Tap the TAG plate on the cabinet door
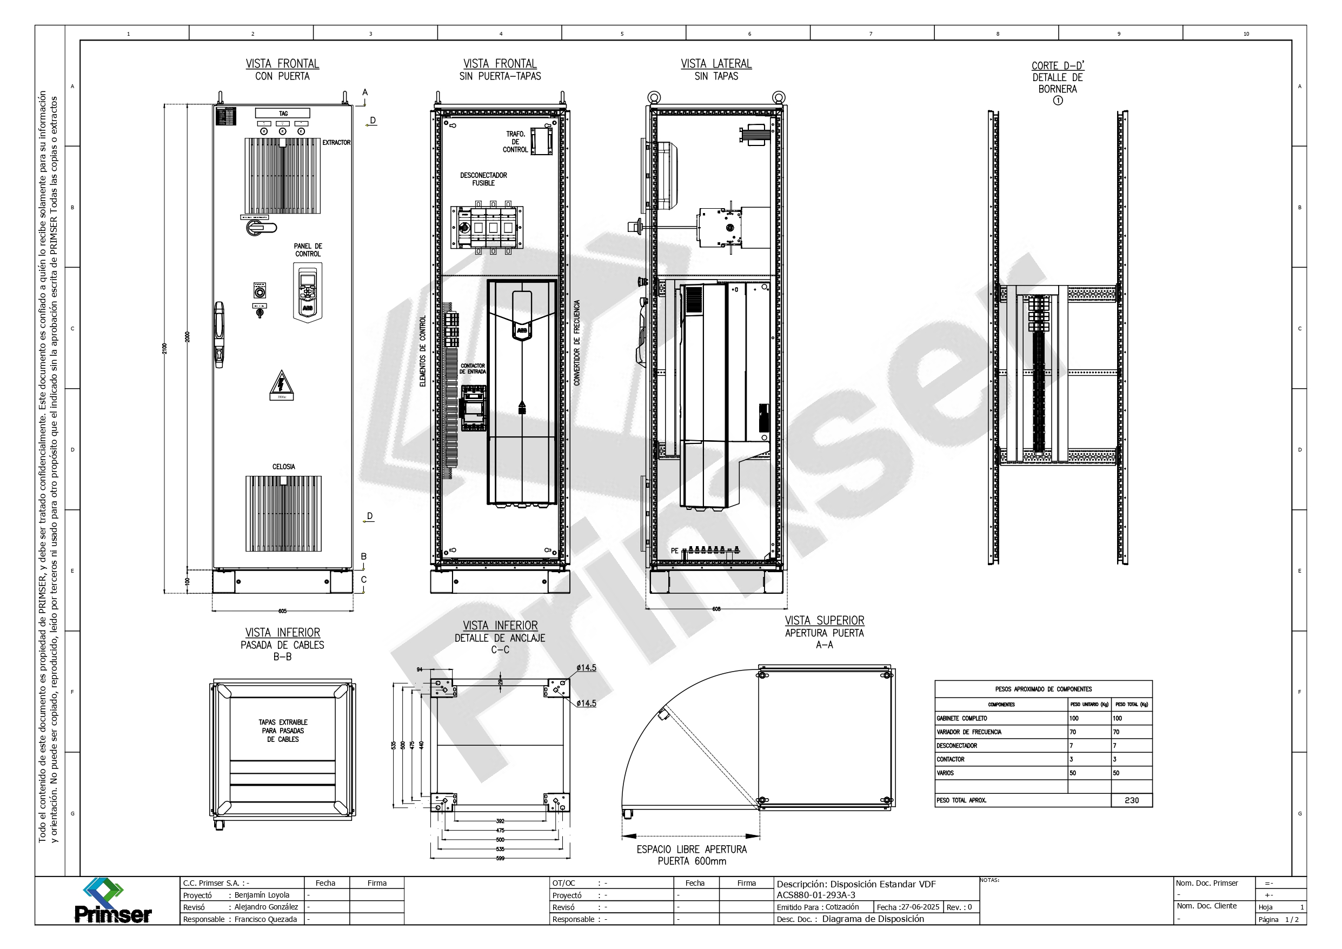pyautogui.click(x=283, y=114)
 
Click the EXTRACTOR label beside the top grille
pyautogui.click(x=336, y=143)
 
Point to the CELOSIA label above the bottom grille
pyautogui.click(x=283, y=467)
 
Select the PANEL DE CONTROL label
pyautogui.click(x=308, y=250)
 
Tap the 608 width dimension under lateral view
pyautogui.click(x=716, y=609)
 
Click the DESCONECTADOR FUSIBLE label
pyautogui.click(x=483, y=179)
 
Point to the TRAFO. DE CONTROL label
pyautogui.click(x=515, y=142)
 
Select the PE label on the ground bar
pyautogui.click(x=674, y=551)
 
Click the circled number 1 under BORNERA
pyautogui.click(x=1058, y=101)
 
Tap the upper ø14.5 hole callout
pyautogui.click(x=586, y=668)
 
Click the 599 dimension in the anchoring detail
pyautogui.click(x=500, y=858)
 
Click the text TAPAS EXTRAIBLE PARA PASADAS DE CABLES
pyautogui.click(x=283, y=731)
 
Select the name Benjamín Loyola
pyautogui.click(x=262, y=895)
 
